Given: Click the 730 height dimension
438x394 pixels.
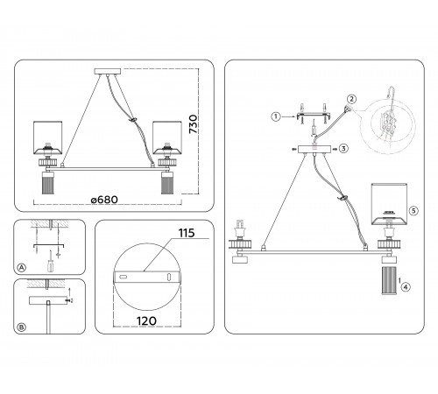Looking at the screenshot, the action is [x=194, y=124].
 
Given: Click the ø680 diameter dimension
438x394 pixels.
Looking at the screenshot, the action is [x=104, y=200].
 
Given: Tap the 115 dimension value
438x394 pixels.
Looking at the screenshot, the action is [x=187, y=233].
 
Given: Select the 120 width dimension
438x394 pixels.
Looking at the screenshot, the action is [x=146, y=321].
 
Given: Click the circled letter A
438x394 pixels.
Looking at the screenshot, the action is [x=22, y=268].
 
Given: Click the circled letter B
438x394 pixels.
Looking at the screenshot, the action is [x=22, y=327].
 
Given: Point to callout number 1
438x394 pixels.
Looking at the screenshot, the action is [x=275, y=116].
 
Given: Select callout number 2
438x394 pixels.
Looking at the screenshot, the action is [x=351, y=99].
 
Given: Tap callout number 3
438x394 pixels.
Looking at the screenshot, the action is [x=343, y=149].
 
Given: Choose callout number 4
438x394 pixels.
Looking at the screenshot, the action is [x=406, y=287].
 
